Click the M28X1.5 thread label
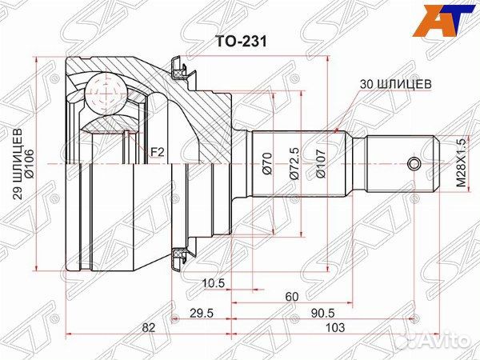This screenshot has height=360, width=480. (x=461, y=162)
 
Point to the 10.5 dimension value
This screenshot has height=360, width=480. (x=212, y=283)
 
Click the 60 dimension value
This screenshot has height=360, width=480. (x=291, y=297)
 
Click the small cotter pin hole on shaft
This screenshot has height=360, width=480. (x=413, y=165)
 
